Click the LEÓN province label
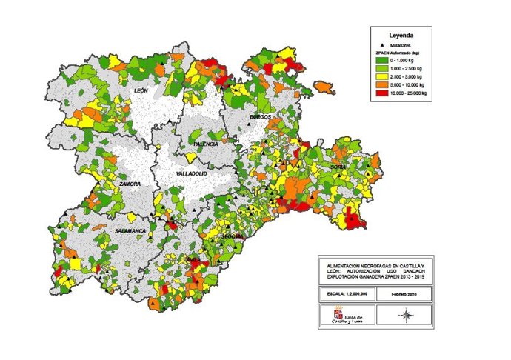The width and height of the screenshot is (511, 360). [141, 90]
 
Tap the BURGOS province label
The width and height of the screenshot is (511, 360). [260, 117]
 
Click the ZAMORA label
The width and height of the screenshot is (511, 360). [130, 183]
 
